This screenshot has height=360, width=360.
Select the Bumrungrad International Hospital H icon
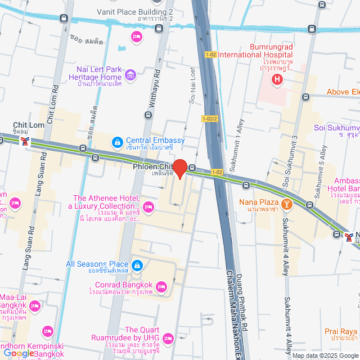277,80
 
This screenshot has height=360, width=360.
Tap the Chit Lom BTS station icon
24,140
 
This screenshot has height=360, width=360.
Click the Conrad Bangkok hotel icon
161,287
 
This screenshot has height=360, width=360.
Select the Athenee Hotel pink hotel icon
148,208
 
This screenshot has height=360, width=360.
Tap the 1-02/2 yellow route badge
209,118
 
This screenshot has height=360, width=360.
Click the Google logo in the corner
19,353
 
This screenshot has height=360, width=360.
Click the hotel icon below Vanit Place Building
136,37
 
